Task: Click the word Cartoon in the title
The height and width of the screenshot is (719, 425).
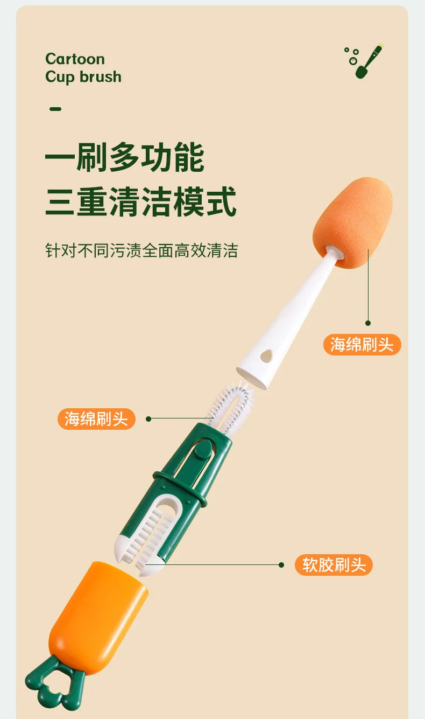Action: click(75, 59)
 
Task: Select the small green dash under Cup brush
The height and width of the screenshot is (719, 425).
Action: click(55, 109)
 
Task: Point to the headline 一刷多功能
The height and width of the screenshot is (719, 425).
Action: click(125, 158)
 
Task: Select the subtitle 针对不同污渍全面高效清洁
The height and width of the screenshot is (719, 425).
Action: click(141, 250)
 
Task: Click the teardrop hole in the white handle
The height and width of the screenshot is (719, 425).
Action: click(266, 355)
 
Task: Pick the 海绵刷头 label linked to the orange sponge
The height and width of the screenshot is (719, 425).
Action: click(362, 345)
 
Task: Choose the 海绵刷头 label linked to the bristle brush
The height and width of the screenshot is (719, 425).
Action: click(96, 419)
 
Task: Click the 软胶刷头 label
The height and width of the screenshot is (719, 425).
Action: click(334, 565)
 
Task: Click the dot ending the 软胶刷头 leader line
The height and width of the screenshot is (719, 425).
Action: click(281, 565)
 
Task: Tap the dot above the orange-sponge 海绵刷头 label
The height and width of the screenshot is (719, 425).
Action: click(368, 323)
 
